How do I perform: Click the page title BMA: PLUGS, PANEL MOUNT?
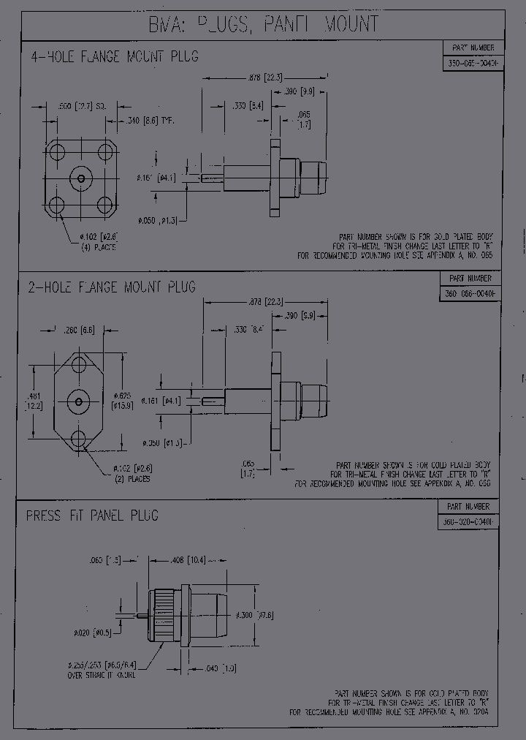[x=264, y=24]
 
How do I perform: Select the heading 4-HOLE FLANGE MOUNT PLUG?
[x=114, y=56]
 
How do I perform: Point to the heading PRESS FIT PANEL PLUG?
[x=92, y=516]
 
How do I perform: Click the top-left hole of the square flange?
[x=56, y=151]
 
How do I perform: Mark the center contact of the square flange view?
[x=80, y=178]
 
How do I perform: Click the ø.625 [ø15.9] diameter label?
[x=123, y=400]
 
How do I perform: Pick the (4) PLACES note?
[x=98, y=247]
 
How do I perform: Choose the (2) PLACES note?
[x=131, y=479]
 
